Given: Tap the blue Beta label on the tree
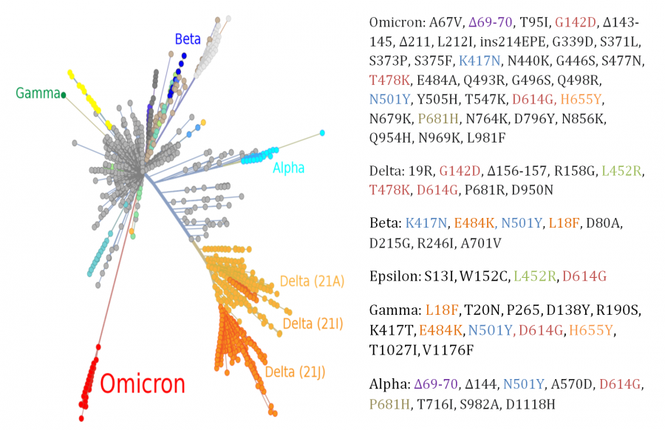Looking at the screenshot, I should tap(188, 39).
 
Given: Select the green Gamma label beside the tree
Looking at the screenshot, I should tap(36, 93).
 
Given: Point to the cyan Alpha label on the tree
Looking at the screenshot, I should tap(288, 168).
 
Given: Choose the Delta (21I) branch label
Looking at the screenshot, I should tap(308, 324).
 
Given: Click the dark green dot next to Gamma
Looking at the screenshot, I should tap(64, 95).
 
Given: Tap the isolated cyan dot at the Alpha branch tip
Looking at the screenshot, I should tap(322, 133).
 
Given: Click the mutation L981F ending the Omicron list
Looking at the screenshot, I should tap(485, 137).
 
